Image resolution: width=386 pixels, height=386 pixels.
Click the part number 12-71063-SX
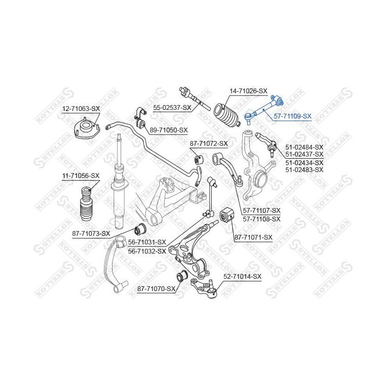(x=81, y=108)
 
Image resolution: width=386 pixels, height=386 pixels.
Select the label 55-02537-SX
(x=172, y=108)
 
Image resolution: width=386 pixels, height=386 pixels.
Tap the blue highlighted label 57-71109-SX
(x=292, y=116)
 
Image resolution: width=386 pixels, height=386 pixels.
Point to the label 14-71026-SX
(x=248, y=91)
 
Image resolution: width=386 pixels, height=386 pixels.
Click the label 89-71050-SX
(x=168, y=130)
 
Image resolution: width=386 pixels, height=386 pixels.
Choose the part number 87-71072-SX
(x=209, y=144)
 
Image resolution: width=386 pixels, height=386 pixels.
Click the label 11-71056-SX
(x=80, y=175)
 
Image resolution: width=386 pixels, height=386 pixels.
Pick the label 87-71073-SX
(x=91, y=233)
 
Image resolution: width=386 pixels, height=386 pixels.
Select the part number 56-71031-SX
(x=147, y=242)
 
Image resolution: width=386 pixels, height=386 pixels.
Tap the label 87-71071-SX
(x=253, y=237)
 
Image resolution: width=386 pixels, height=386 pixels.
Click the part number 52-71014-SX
(x=242, y=277)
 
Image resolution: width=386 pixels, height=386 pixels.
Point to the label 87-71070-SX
(x=157, y=289)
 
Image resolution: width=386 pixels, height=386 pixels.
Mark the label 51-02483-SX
(x=305, y=169)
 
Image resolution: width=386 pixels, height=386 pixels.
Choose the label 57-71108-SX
(x=262, y=219)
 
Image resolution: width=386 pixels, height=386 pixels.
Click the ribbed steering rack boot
(x=228, y=115)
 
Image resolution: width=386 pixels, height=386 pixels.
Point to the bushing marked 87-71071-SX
(x=227, y=216)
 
